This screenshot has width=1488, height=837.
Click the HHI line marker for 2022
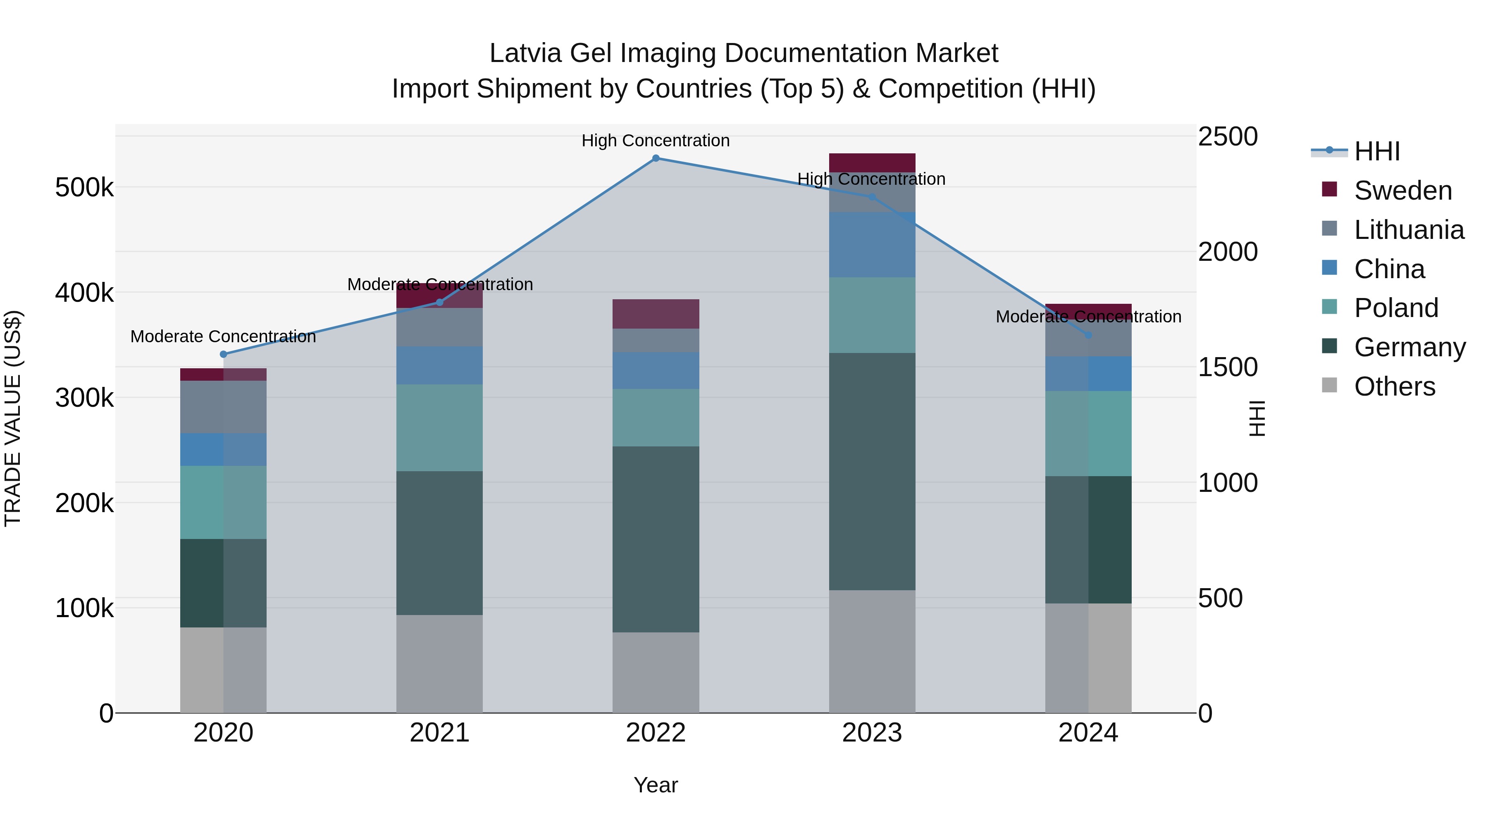point(656,158)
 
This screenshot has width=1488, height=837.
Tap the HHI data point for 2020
point(224,354)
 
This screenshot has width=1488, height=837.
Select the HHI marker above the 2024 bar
point(1088,335)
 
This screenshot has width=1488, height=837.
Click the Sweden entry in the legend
point(1402,191)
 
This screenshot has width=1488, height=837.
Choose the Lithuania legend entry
point(1408,230)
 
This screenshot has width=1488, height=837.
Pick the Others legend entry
point(1395,386)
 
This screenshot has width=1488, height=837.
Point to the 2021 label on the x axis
point(440,733)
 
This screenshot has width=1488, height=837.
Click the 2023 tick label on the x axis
point(872,733)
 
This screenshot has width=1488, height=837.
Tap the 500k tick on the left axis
point(84,188)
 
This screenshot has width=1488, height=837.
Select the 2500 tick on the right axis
point(1228,137)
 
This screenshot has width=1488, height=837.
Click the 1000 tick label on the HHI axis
point(1228,483)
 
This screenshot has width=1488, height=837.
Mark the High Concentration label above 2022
point(656,141)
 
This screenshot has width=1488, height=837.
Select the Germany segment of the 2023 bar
point(872,471)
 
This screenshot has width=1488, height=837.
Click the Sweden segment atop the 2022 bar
point(656,314)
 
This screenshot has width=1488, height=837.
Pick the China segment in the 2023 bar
point(872,244)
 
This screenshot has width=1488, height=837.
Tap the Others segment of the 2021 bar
point(440,664)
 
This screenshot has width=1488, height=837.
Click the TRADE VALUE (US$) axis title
point(13,418)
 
